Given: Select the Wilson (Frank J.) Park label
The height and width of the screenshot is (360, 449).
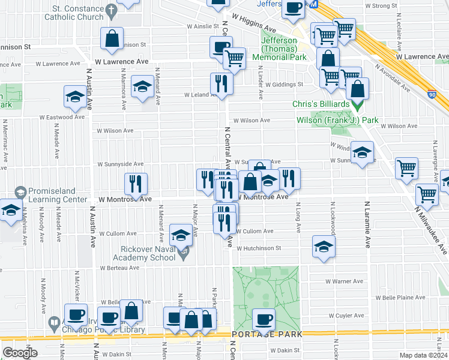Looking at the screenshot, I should [x=338, y=120].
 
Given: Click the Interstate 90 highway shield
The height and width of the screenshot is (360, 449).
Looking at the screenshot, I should [x=432, y=94].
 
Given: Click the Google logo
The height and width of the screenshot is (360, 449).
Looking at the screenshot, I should [x=20, y=353].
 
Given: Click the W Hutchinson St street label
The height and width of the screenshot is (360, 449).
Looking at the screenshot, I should [x=258, y=248].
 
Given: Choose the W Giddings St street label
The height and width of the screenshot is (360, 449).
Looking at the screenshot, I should [x=285, y=85].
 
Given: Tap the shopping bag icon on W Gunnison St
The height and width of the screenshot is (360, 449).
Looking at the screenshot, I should [x=112, y=39].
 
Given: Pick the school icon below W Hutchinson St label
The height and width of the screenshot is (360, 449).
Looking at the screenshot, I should [x=324, y=246].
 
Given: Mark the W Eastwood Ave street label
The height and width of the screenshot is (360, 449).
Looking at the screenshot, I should [x=64, y=117].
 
